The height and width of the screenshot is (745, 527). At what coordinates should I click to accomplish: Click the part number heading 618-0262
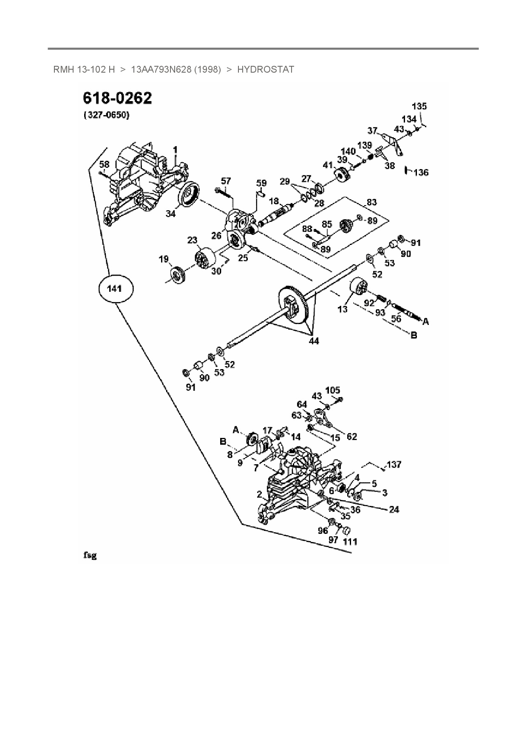click(x=117, y=98)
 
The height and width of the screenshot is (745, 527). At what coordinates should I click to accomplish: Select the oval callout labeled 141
click(x=115, y=289)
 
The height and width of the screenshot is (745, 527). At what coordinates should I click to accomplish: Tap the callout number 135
click(x=419, y=107)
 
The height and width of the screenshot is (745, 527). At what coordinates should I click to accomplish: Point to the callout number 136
click(x=421, y=172)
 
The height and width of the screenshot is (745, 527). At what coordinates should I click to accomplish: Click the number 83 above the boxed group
click(x=371, y=202)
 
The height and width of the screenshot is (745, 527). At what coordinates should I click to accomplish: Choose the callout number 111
click(x=350, y=542)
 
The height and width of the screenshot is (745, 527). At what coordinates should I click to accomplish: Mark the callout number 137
click(x=394, y=465)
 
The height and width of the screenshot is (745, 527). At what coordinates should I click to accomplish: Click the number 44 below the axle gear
click(x=314, y=341)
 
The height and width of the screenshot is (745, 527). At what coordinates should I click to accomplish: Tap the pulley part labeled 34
click(x=188, y=196)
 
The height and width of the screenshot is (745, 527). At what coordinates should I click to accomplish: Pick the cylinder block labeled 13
click(x=359, y=287)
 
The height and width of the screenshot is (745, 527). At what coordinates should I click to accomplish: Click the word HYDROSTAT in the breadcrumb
click(x=266, y=70)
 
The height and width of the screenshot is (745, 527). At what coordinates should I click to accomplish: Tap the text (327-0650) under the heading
click(x=107, y=115)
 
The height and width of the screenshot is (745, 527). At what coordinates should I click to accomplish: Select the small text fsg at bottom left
click(x=90, y=555)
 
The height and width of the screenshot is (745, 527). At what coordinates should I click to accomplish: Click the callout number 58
click(x=104, y=164)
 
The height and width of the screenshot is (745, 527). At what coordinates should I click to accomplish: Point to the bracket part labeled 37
click(x=393, y=146)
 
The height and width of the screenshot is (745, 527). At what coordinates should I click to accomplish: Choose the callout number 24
click(x=394, y=509)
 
